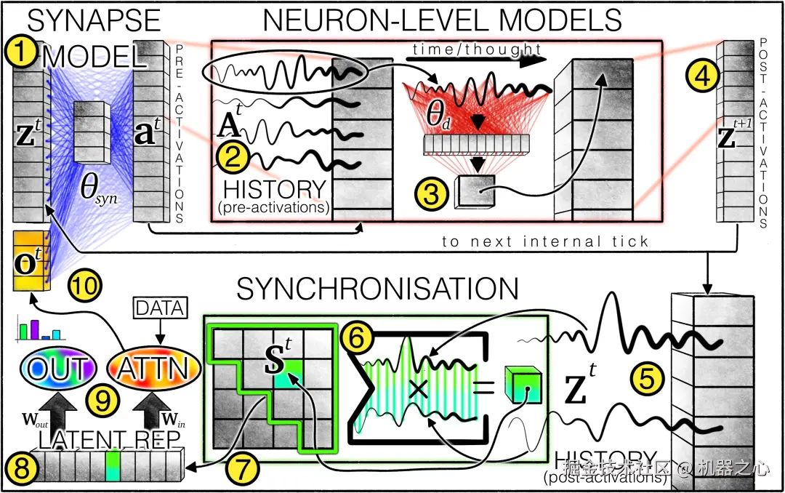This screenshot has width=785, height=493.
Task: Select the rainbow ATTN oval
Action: pos(153,369)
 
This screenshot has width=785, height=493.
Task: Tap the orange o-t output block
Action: pos(30,262)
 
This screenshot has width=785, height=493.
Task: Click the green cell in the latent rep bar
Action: pos(113,466)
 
